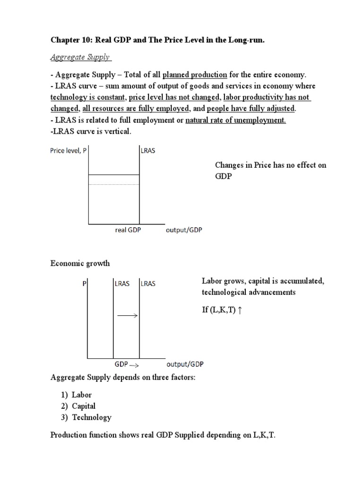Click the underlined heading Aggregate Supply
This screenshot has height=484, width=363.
point(80,57)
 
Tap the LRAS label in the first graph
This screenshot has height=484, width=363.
point(148,151)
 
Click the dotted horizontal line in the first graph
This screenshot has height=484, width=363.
point(114,184)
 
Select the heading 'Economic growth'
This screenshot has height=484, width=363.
point(80,263)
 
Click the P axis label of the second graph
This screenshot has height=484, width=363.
point(85,284)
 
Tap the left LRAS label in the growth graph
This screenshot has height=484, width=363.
point(122,284)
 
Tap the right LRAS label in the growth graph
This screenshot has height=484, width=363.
point(147,284)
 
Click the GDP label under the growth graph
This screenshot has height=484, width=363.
point(121,365)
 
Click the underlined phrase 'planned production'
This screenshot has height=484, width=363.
point(195,75)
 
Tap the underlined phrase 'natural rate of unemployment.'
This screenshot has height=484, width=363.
point(236,120)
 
